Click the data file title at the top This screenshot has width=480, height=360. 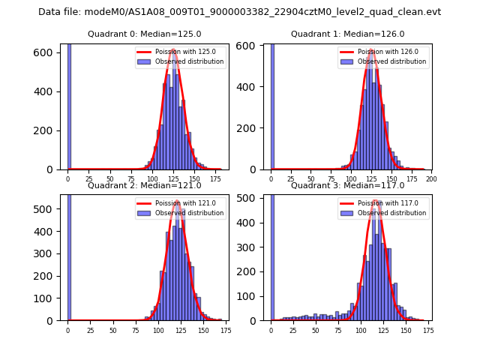[239, 12]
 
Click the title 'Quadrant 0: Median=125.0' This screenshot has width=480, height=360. [145, 34]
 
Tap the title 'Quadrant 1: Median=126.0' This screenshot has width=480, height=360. [348, 34]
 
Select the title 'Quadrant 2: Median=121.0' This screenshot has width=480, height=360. [145, 185]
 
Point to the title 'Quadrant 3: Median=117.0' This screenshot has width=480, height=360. [348, 185]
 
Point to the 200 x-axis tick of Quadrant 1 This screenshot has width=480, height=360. [430, 179]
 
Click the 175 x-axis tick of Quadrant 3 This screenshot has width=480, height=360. [427, 330]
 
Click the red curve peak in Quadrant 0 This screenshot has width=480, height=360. [173, 49]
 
